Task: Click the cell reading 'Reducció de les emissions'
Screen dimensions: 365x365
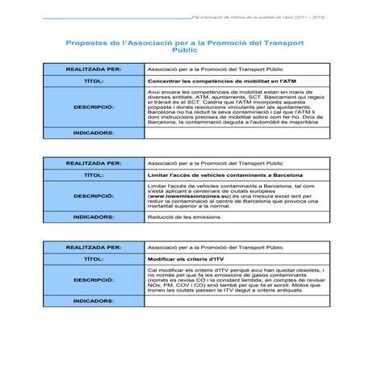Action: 183,216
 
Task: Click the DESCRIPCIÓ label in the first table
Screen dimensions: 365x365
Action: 94,106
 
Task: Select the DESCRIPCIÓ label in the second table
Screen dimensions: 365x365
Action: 94,195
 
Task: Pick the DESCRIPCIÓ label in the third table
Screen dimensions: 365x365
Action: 94,279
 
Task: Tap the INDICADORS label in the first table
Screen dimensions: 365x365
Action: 94,132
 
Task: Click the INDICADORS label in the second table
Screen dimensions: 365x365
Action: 94,216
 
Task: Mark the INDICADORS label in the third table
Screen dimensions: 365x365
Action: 94,300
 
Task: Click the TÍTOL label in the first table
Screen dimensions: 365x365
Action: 94,82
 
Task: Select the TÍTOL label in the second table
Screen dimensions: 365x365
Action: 94,174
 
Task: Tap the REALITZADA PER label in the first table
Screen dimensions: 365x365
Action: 94,69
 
